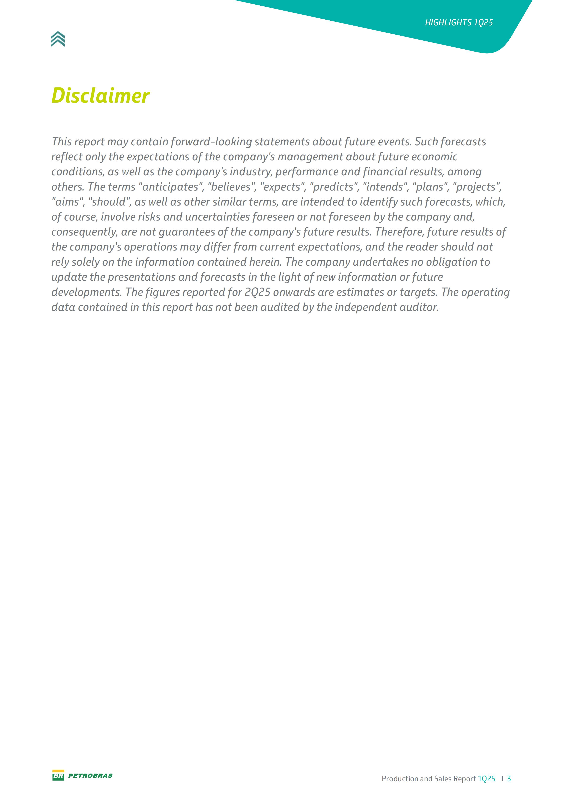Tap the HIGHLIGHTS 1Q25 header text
(459, 22)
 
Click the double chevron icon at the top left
(58, 39)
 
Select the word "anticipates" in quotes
(170, 187)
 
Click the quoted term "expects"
(282, 187)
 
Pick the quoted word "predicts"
(334, 187)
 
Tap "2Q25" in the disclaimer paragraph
(257, 292)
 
